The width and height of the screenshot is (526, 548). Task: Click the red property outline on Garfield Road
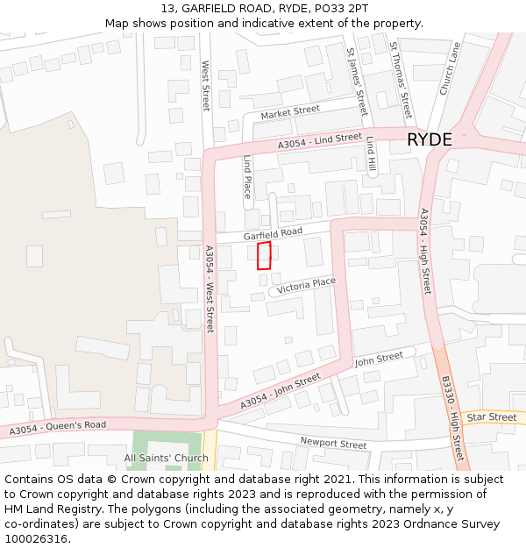point(264,255)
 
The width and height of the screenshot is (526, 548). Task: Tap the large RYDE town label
point(429,140)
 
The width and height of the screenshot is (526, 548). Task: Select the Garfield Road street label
point(273,233)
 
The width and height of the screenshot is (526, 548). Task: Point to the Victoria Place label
point(306,285)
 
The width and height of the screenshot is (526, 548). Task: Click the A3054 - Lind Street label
point(320,140)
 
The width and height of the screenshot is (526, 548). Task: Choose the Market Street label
point(290,111)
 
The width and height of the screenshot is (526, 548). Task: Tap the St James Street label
point(356,80)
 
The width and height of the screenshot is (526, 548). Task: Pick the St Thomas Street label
point(401,79)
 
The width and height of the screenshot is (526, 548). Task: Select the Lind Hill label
point(371,153)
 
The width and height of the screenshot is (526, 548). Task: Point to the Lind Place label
point(248,176)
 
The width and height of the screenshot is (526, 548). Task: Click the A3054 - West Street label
point(210,288)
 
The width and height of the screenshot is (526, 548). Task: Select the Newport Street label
point(333,443)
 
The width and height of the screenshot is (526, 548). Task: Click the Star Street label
point(491,417)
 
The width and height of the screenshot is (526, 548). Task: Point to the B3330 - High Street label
point(452,419)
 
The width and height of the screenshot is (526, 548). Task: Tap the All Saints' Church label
point(167,458)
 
